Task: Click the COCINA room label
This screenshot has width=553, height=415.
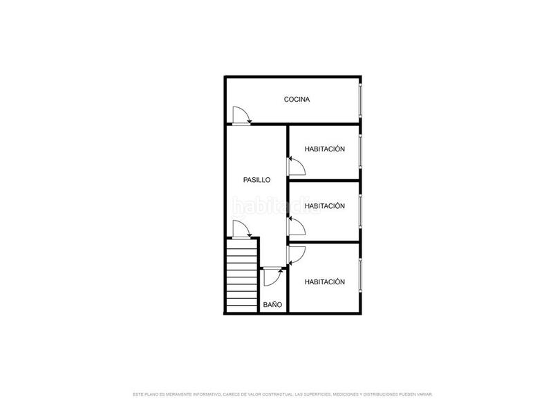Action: [x=297, y=100]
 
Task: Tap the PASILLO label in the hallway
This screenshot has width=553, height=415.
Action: [x=256, y=180]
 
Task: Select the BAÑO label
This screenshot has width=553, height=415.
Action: [x=272, y=304]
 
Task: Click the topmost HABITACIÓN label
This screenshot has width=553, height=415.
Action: [x=324, y=149]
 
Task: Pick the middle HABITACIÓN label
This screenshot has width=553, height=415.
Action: [x=324, y=206]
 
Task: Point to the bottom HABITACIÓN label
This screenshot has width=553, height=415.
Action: [x=324, y=282]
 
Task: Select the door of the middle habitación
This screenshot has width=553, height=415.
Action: [x=296, y=228]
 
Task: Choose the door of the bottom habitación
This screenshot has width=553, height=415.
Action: [x=296, y=255]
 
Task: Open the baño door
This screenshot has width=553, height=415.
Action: [x=272, y=277]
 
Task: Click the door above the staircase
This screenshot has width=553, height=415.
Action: [x=241, y=230]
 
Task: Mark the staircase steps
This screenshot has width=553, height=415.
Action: [x=241, y=275]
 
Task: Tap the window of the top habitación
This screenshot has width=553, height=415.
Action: [x=360, y=152]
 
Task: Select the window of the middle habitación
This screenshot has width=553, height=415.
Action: [x=360, y=211]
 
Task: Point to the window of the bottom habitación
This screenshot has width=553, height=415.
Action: [x=360, y=279]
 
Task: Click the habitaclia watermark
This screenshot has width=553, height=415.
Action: [x=276, y=206]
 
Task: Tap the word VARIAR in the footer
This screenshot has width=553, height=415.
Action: [x=424, y=394]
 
